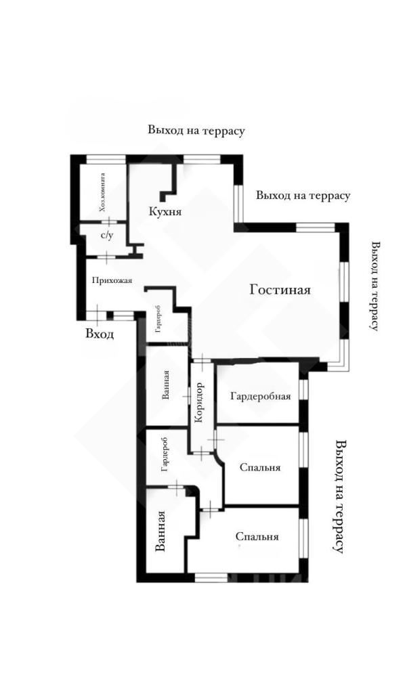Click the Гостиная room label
pyautogui.click(x=280, y=289)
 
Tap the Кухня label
pyautogui.click(x=165, y=211)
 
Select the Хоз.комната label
pyautogui.click(x=102, y=192)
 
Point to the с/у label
pyautogui.click(x=107, y=236)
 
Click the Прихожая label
pyautogui.click(x=112, y=280)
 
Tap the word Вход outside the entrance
pyautogui.click(x=100, y=334)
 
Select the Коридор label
pyautogui.click(x=199, y=403)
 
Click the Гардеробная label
pyautogui.click(x=261, y=396)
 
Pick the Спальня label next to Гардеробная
pyautogui.click(x=259, y=467)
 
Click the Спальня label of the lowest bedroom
pyautogui.click(x=257, y=536)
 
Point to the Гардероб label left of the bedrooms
pyautogui.click(x=165, y=454)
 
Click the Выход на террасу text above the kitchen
pyautogui.click(x=196, y=131)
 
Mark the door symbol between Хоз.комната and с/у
pyautogui.click(x=109, y=221)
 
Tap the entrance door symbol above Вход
pyautogui.click(x=98, y=314)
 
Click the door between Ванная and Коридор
pyautogui.click(x=188, y=395)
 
